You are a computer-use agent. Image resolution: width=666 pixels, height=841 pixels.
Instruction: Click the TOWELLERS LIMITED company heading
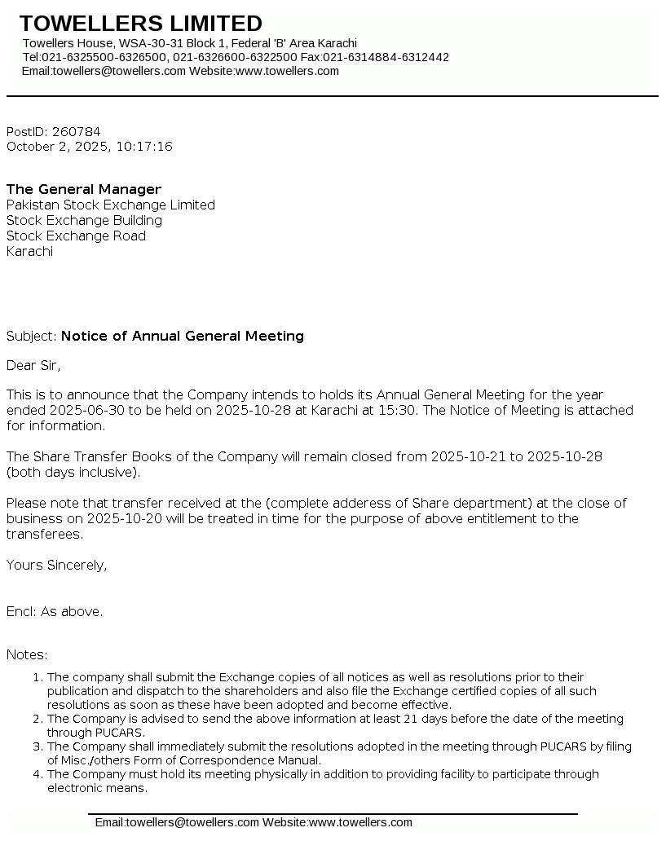click(x=140, y=23)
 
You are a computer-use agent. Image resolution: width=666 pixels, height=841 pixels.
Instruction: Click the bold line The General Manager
click(x=84, y=189)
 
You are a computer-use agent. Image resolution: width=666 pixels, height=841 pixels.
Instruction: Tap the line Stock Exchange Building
click(x=84, y=220)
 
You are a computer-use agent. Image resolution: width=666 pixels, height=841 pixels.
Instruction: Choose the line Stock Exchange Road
click(x=76, y=236)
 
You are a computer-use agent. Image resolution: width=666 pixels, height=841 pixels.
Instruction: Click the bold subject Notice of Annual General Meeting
click(x=183, y=336)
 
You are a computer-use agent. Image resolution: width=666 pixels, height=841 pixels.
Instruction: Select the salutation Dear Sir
click(x=33, y=365)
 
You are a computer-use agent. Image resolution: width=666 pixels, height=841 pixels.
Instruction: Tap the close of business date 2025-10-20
click(x=106, y=518)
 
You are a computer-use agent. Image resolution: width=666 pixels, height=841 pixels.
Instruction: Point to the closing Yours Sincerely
click(x=56, y=565)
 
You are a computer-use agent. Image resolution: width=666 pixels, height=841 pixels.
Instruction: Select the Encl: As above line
click(x=55, y=611)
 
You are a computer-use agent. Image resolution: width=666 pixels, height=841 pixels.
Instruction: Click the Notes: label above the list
click(x=27, y=654)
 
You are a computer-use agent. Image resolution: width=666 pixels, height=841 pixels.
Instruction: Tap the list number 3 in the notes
click(x=37, y=746)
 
